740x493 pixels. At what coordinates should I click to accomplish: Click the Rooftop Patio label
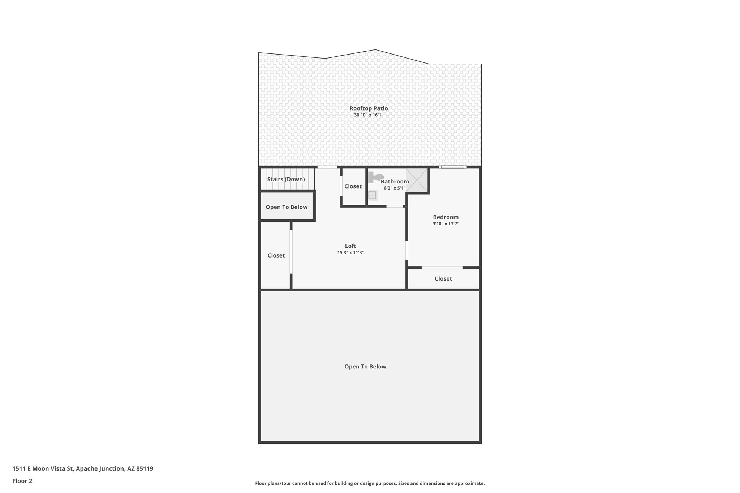369,108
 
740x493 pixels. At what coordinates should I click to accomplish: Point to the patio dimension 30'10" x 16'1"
369,115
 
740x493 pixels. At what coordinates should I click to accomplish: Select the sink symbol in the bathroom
372,195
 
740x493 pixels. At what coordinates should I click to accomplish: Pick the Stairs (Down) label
286,179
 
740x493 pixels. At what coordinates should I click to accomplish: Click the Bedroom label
446,217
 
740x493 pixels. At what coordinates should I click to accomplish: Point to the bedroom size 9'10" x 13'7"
446,224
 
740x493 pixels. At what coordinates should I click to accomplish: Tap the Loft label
350,246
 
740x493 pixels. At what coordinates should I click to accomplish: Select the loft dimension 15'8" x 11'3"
350,253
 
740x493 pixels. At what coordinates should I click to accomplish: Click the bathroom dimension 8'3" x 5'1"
395,188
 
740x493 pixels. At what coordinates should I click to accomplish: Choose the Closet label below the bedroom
443,279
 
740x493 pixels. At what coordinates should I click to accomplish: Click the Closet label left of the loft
276,255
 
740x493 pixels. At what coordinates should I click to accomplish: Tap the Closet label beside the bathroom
353,186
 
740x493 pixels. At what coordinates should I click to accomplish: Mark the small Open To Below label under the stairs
287,207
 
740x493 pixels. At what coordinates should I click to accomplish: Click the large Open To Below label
365,367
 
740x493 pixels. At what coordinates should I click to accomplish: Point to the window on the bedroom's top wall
453,167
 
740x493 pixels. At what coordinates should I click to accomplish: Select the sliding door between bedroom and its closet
442,268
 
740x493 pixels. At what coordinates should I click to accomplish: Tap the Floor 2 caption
22,481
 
